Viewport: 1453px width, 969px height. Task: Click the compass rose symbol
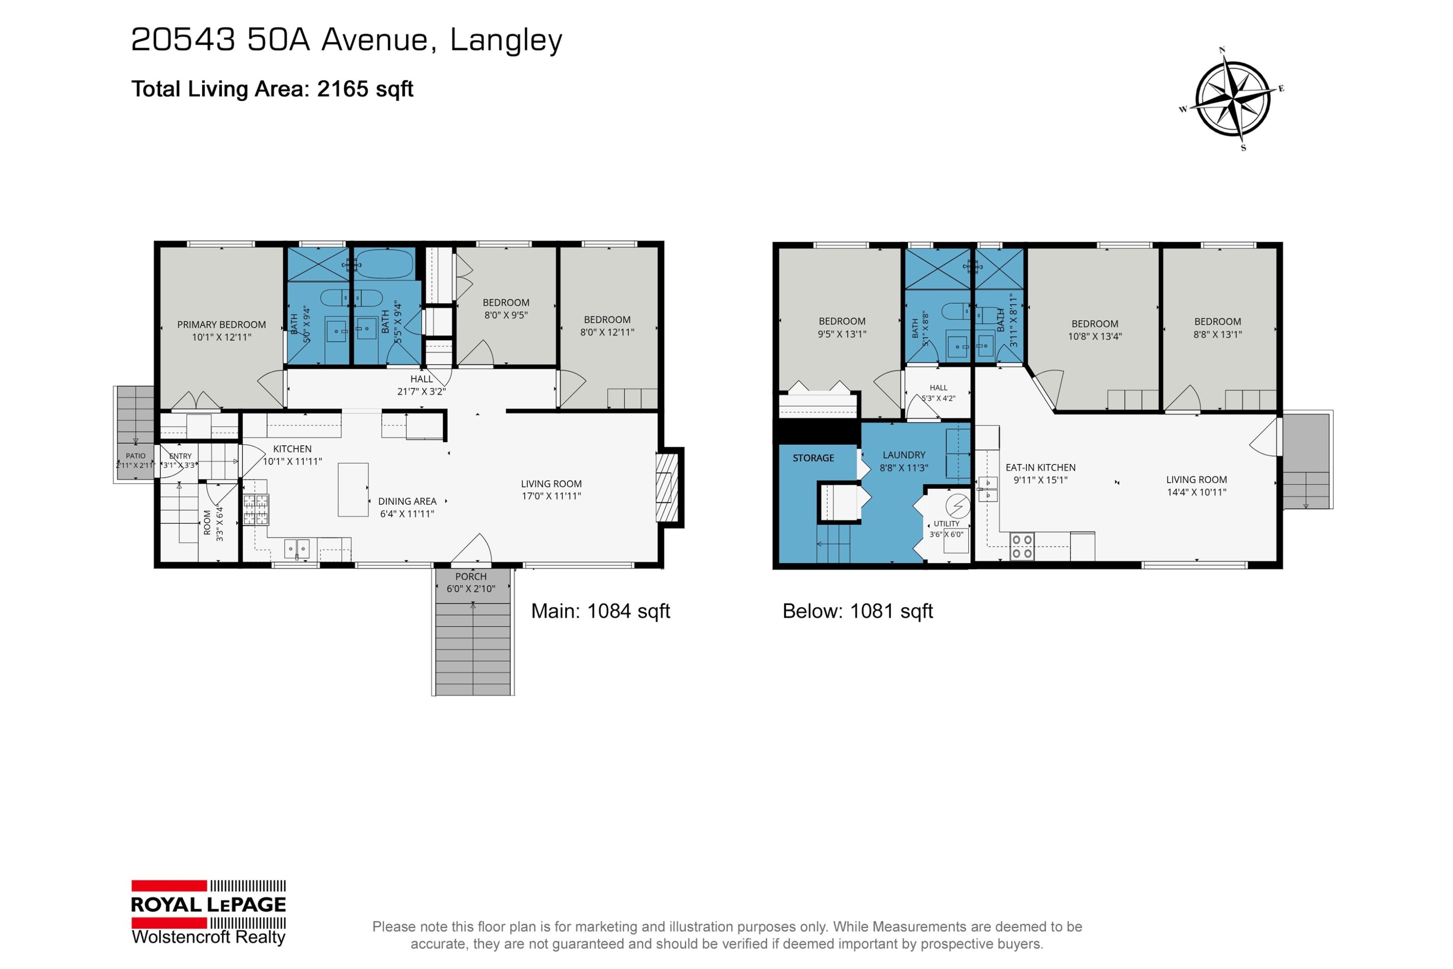click(x=1233, y=99)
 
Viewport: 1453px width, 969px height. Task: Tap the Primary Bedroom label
click(x=222, y=325)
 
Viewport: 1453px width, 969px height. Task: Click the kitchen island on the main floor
click(x=354, y=489)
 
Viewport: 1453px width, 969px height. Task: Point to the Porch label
click(x=471, y=577)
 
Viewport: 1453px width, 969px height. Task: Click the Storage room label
click(x=813, y=458)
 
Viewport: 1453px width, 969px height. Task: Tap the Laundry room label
click(x=904, y=455)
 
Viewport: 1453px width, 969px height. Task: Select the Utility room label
click(x=946, y=523)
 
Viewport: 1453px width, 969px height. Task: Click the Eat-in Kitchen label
click(x=1040, y=468)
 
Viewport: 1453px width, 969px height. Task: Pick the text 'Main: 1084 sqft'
click(x=601, y=611)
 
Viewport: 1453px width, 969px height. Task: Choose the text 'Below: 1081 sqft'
click(x=857, y=611)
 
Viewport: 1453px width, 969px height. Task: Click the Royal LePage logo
click(x=209, y=913)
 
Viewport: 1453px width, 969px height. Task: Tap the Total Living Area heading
click(x=272, y=89)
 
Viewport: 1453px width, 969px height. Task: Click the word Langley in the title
click(x=506, y=41)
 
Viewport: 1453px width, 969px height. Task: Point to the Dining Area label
click(x=407, y=501)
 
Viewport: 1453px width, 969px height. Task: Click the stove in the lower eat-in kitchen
click(x=1022, y=547)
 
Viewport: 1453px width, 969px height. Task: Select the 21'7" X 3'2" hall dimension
click(x=421, y=391)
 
